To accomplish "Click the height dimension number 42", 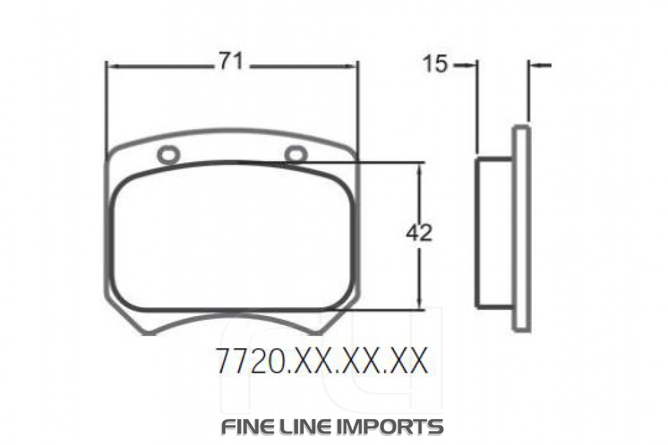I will point(419,233).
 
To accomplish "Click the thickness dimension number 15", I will point(435,64).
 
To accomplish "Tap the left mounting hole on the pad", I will point(168,155).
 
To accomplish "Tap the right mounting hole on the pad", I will point(296,154).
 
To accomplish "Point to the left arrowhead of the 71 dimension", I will point(112,66).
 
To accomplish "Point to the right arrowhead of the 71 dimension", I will point(353,65).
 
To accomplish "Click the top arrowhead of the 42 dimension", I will point(420,166).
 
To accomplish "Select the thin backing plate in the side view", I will point(521,229).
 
